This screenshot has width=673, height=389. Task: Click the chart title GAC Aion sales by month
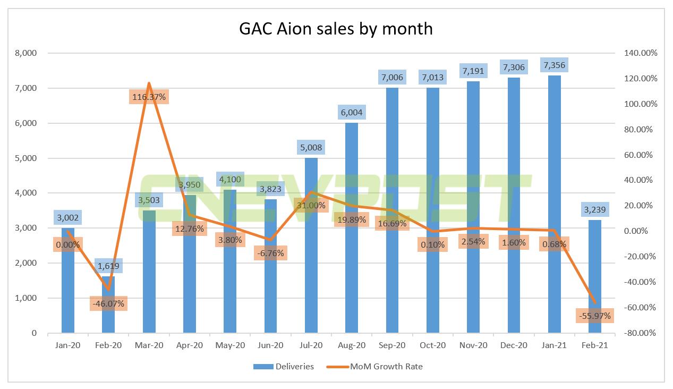(336, 28)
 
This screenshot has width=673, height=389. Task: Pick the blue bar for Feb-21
(595, 276)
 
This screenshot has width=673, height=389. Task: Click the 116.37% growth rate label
(149, 97)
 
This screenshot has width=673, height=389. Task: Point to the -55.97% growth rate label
(594, 316)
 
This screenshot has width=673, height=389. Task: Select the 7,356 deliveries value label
(554, 65)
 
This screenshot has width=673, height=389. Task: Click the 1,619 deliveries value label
(108, 267)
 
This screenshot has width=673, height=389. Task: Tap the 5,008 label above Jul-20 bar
(311, 147)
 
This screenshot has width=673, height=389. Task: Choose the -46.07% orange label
(108, 303)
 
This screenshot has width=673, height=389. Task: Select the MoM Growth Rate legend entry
(380, 366)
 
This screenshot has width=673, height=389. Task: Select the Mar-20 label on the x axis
(149, 345)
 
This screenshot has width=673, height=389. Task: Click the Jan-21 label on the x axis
(554, 345)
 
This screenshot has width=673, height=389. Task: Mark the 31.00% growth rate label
(311, 206)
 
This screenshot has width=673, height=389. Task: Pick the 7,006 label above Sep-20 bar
(392, 77)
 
